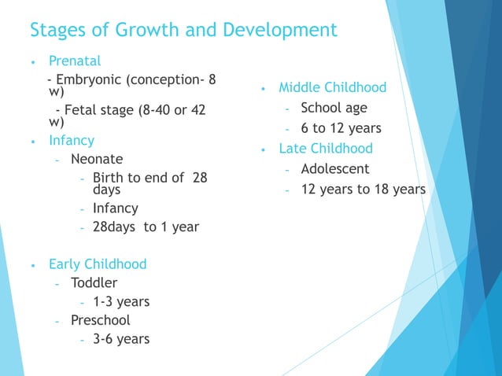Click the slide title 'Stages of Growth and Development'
pyautogui.click(x=183, y=31)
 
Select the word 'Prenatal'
pyautogui.click(x=75, y=61)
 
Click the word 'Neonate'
pyautogui.click(x=97, y=159)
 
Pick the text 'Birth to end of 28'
pyautogui.click(x=149, y=178)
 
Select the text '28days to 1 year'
pyautogui.click(x=146, y=227)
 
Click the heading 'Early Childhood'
pyautogui.click(x=98, y=264)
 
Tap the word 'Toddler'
pyautogui.click(x=94, y=282)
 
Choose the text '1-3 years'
pyautogui.click(x=121, y=301)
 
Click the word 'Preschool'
pyautogui.click(x=100, y=320)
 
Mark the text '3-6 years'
pyautogui.click(x=121, y=339)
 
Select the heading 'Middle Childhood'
pyautogui.click(x=333, y=87)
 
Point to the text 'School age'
pyautogui.click(x=334, y=108)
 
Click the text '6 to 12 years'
pyautogui.click(x=341, y=128)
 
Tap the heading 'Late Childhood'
pyautogui.click(x=326, y=149)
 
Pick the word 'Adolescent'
pyautogui.click(x=334, y=169)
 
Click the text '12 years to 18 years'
pyautogui.click(x=363, y=190)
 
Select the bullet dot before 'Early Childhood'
pyautogui.click(x=32, y=265)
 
